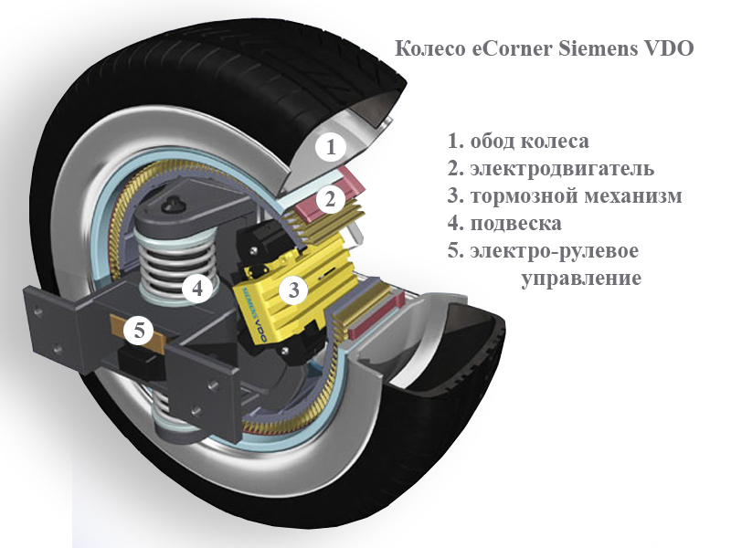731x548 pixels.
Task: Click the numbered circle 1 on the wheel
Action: tap(332, 146)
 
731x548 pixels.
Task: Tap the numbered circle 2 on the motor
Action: tap(332, 197)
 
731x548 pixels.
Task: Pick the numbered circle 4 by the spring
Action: tap(196, 288)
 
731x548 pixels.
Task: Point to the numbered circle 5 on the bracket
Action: tap(138, 331)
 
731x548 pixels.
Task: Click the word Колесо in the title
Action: tap(430, 48)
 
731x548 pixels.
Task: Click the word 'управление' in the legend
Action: tap(580, 278)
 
